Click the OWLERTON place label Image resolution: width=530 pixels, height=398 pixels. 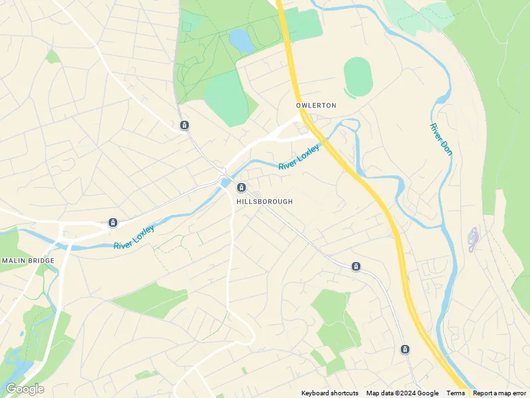[317, 105]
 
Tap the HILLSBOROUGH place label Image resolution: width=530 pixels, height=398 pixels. [264, 201]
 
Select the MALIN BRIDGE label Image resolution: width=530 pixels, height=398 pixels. [28, 261]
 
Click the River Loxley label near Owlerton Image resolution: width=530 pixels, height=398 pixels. [299, 157]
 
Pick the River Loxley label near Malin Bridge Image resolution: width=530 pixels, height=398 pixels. [134, 237]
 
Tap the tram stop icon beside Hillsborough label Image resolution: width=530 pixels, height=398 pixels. [241, 188]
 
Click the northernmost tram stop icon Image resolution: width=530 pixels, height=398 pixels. [184, 125]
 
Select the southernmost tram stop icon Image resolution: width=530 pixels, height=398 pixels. [405, 349]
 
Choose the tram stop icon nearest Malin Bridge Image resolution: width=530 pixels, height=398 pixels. [113, 222]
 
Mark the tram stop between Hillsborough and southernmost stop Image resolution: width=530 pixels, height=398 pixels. [356, 267]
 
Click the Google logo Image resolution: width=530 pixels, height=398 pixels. [25, 389]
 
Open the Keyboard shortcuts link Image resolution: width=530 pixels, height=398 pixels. [330, 393]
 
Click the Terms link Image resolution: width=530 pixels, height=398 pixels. [455, 393]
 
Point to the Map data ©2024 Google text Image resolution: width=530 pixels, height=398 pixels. [402, 393]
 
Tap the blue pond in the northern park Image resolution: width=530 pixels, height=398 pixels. [241, 40]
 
